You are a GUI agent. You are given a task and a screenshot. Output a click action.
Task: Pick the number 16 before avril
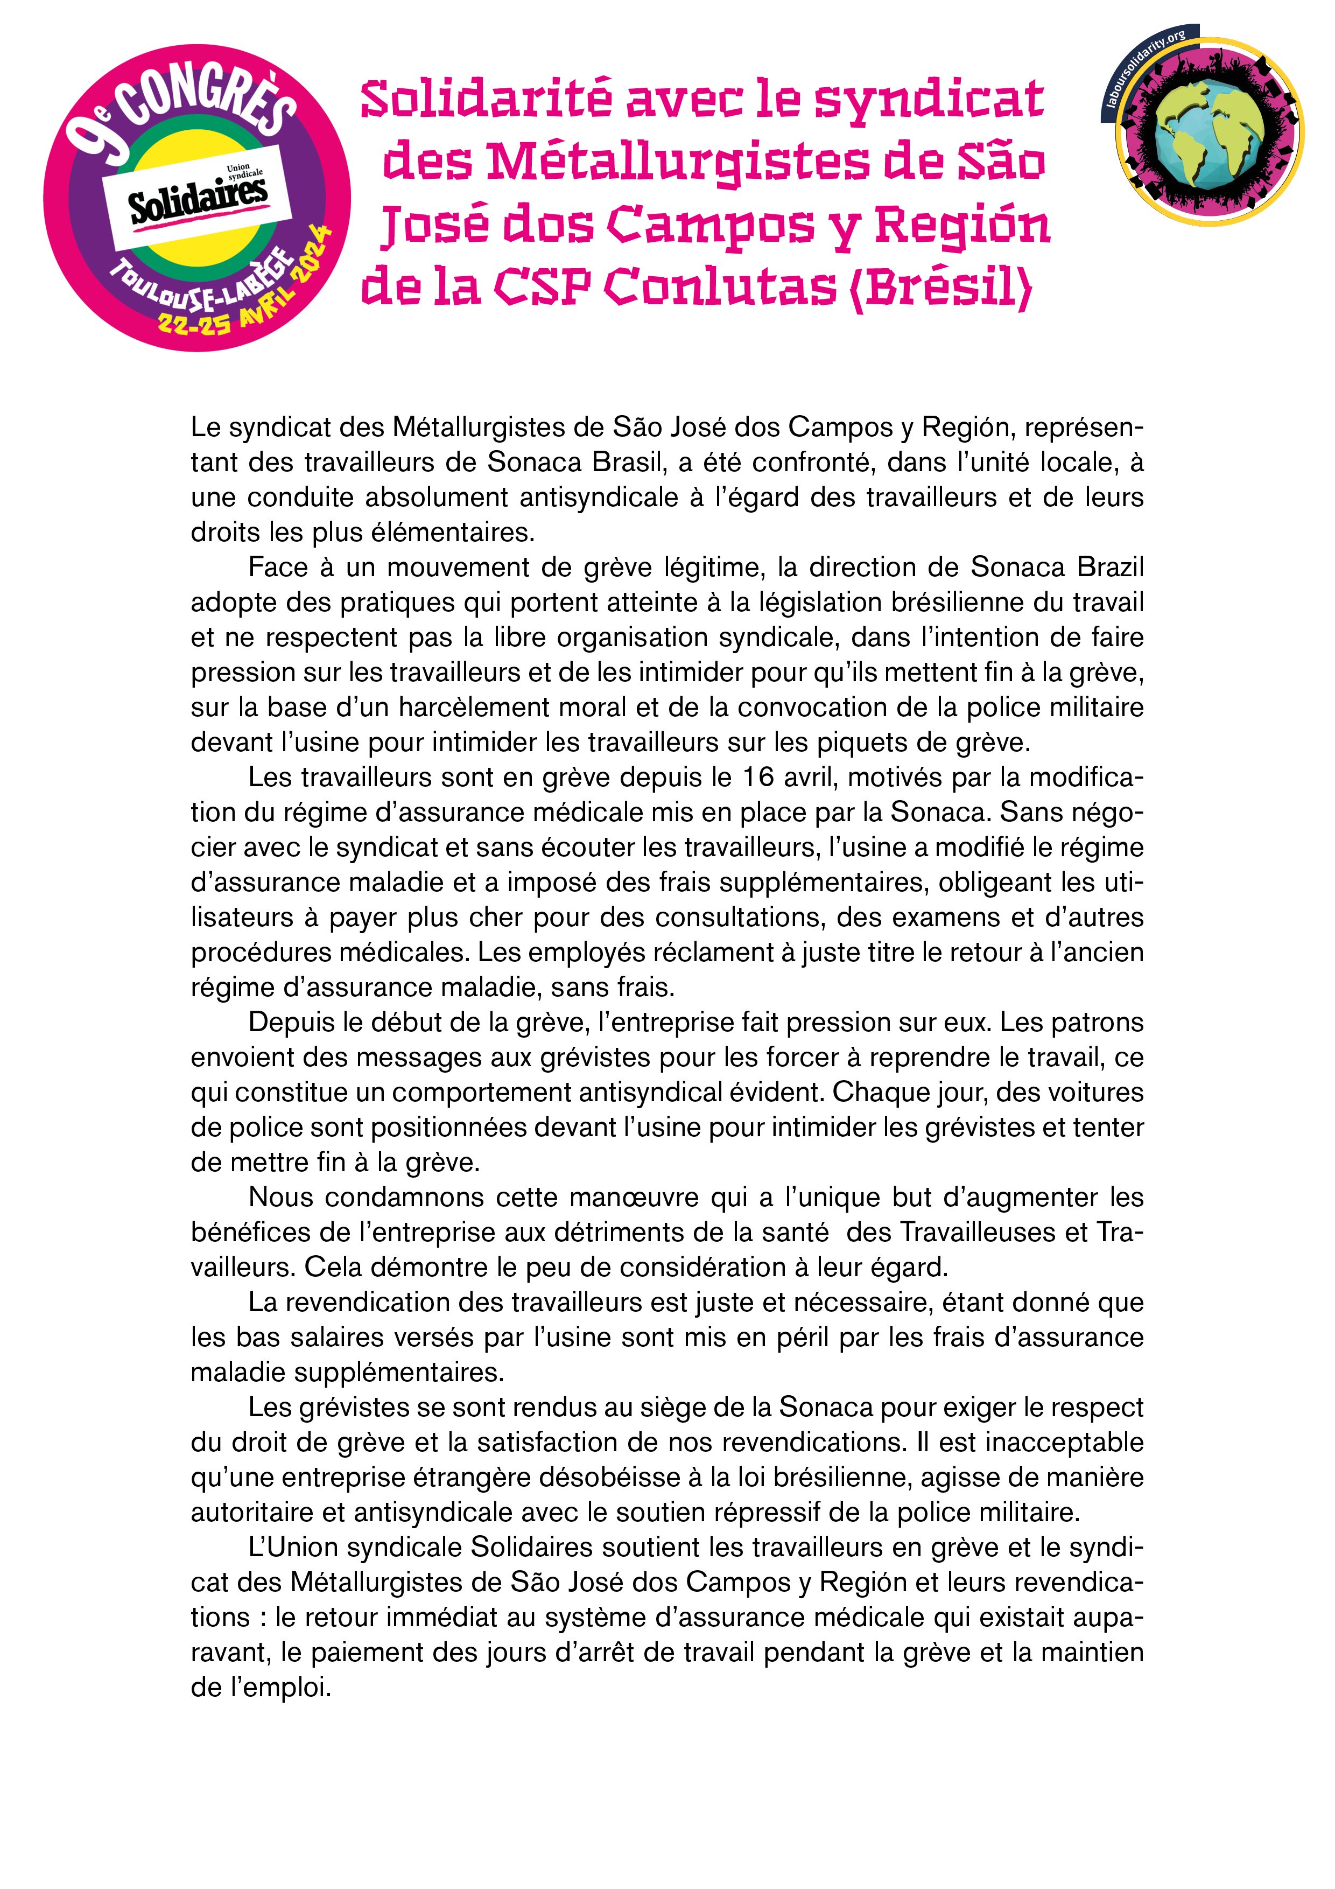point(758,776)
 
